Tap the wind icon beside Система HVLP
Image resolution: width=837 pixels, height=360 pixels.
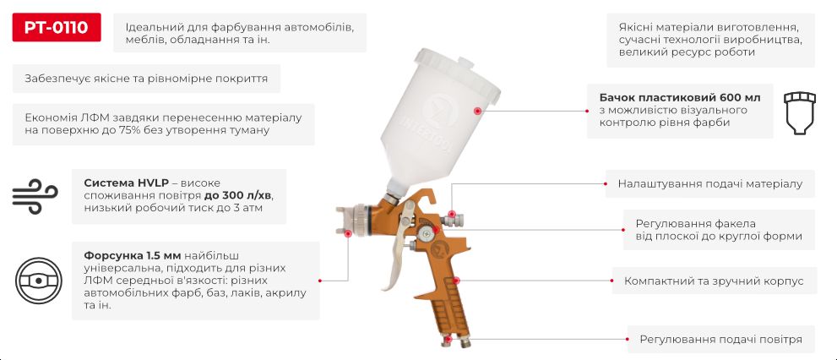click(34, 196)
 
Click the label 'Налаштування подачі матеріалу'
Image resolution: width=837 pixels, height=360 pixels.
click(709, 183)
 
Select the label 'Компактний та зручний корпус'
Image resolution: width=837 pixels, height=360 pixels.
click(714, 281)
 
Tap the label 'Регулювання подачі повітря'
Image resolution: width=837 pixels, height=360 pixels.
click(720, 339)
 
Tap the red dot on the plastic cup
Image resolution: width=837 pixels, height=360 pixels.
click(477, 111)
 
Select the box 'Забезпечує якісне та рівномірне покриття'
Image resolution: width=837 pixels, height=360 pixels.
click(146, 79)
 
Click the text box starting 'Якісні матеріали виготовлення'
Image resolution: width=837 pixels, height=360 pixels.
click(710, 39)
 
